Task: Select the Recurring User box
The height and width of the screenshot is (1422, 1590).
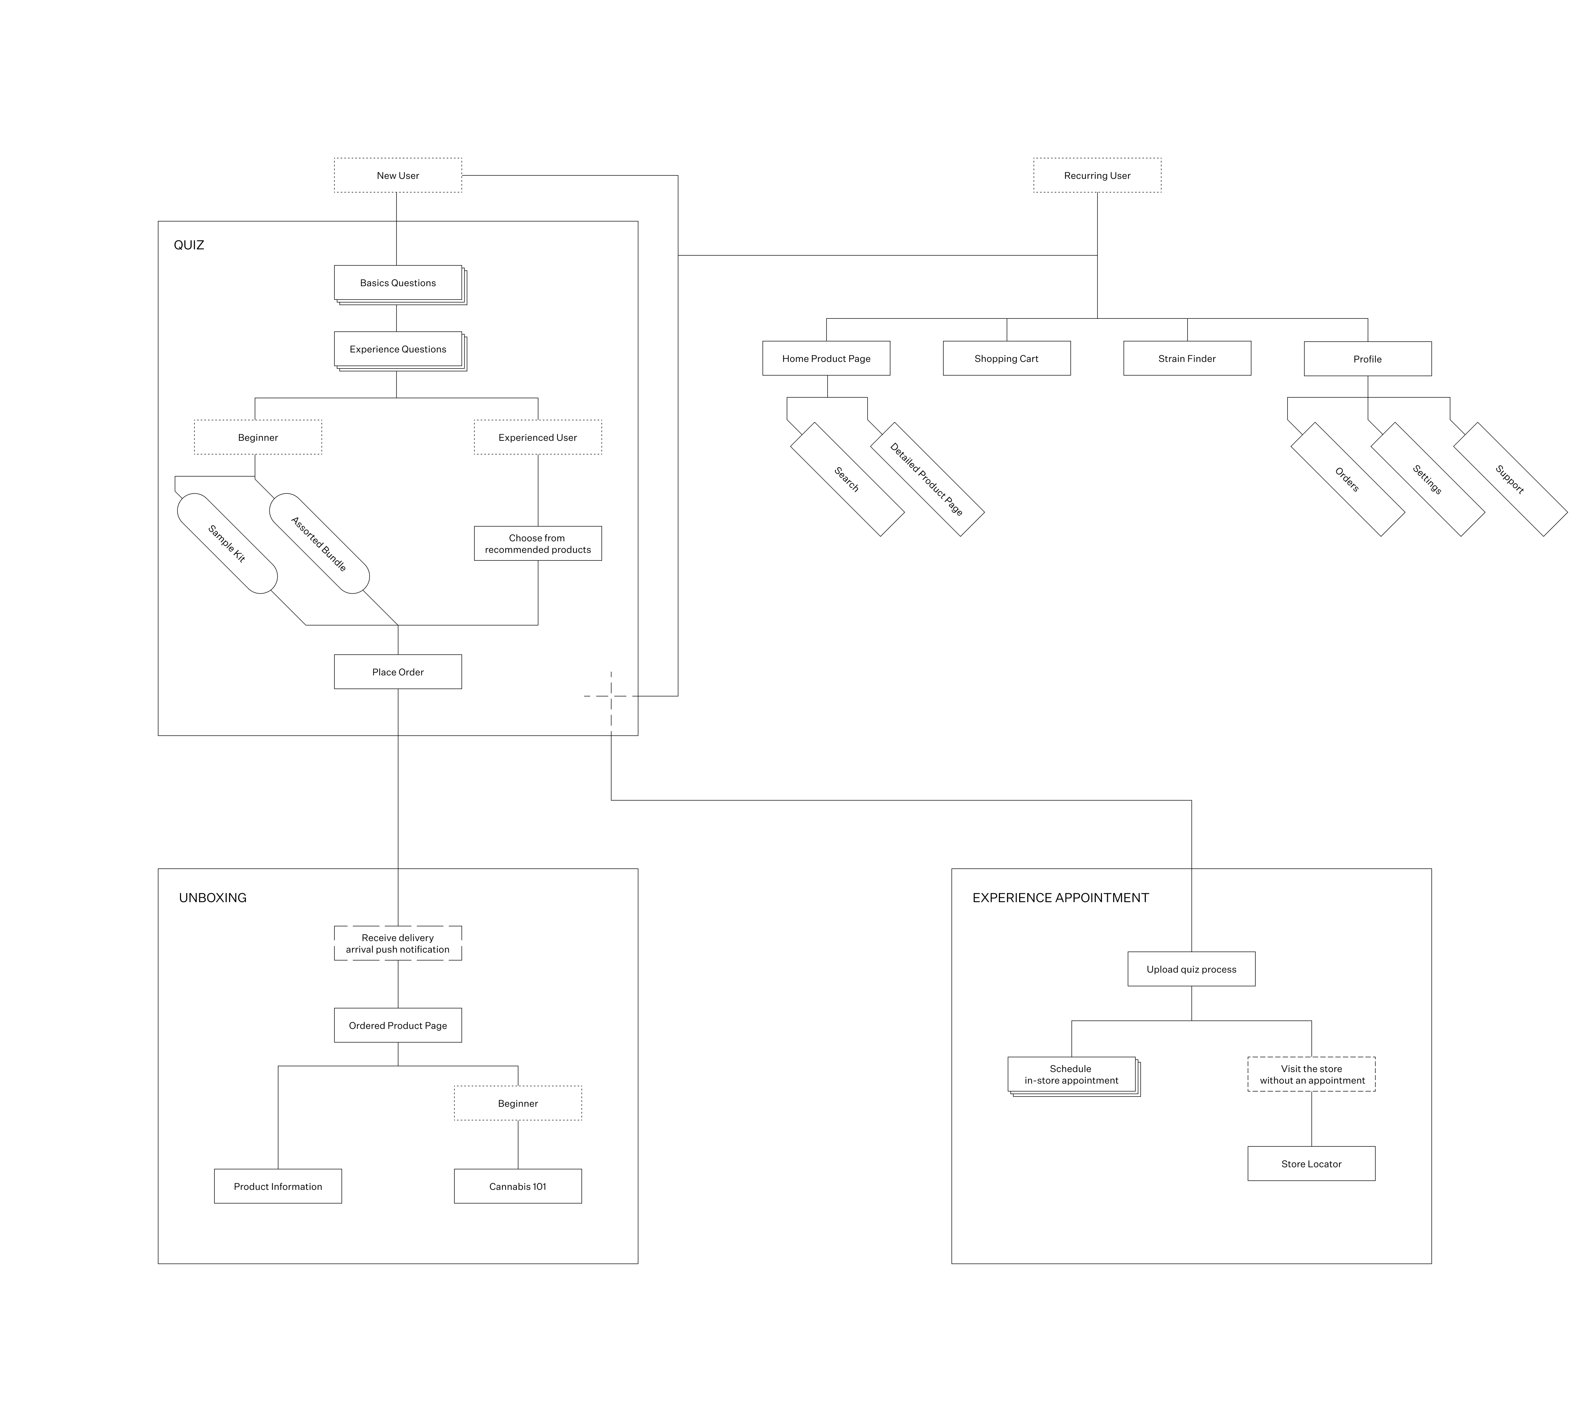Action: pyautogui.click(x=1097, y=176)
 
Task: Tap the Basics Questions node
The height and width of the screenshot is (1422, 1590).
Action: pyautogui.click(x=398, y=283)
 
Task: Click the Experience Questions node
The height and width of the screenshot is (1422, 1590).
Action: pyautogui.click(x=398, y=349)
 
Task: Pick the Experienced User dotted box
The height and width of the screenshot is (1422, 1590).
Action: pyautogui.click(x=538, y=438)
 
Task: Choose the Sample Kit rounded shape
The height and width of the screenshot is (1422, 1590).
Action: pyautogui.click(x=227, y=543)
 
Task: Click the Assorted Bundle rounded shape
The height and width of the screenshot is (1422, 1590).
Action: pyautogui.click(x=319, y=543)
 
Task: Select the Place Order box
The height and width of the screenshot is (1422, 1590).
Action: pyautogui.click(x=398, y=672)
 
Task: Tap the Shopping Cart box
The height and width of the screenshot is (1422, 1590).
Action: pyautogui.click(x=1006, y=359)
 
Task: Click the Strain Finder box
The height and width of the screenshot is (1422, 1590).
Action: pyautogui.click(x=1187, y=359)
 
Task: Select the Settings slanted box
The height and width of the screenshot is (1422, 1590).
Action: pyautogui.click(x=1428, y=479)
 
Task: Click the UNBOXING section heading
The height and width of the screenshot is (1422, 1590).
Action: pyautogui.click(x=213, y=898)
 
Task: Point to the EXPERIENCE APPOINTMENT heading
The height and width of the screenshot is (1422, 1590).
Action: pyautogui.click(x=1060, y=898)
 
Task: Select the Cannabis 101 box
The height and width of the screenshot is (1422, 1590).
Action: pyautogui.click(x=517, y=1186)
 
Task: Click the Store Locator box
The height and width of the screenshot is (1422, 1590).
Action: pyautogui.click(x=1311, y=1164)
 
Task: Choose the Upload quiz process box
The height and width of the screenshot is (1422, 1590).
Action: pyautogui.click(x=1191, y=969)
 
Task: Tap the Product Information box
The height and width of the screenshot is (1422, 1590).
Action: pyautogui.click(x=278, y=1186)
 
